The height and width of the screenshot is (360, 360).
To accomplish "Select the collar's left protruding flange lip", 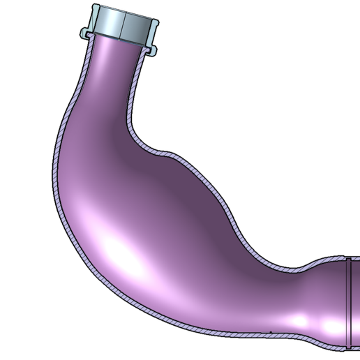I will click(x=84, y=32).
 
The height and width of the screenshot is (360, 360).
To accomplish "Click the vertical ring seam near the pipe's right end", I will click(x=347, y=300).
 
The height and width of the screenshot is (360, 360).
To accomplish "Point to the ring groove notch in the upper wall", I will click(x=347, y=258).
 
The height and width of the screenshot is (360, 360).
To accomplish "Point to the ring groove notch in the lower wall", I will click(x=347, y=345).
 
